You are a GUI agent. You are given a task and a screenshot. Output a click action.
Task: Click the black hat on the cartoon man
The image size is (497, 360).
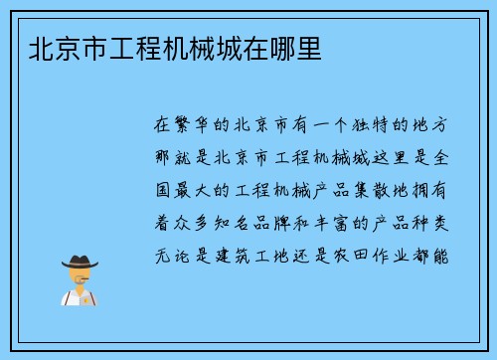pyautogui.click(x=80, y=262)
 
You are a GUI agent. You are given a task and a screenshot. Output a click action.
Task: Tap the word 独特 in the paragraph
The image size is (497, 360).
pyautogui.click(x=363, y=126)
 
